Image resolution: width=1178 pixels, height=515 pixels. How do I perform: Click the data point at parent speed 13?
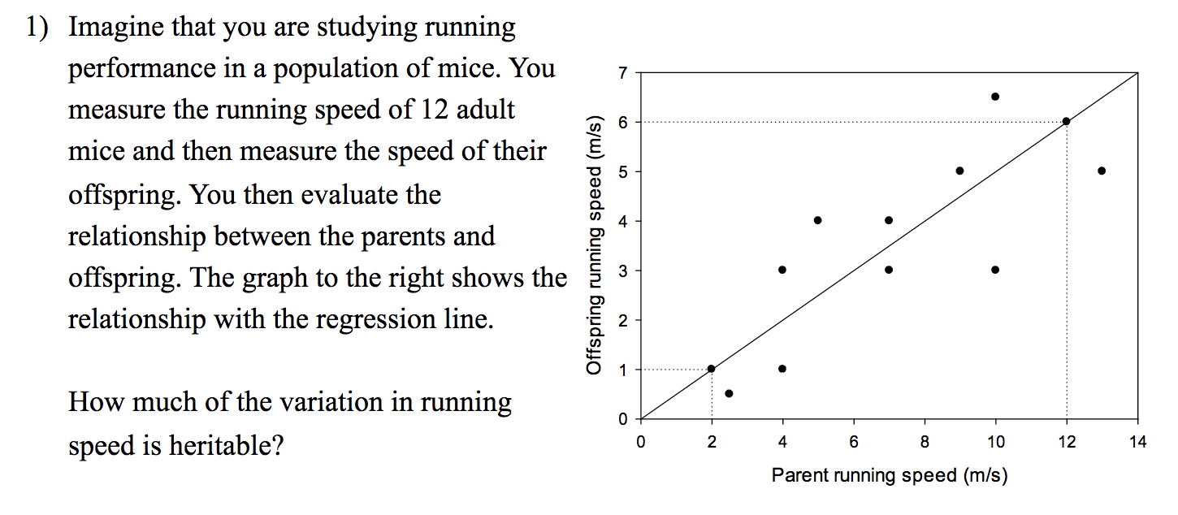point(1102,171)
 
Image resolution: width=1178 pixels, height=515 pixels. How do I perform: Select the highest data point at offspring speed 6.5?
point(995,97)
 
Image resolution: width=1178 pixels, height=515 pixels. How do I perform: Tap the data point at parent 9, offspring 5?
point(959,171)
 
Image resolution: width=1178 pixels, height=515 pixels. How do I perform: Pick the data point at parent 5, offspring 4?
point(817,220)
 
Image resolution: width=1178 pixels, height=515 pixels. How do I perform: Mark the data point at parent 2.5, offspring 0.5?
point(729,393)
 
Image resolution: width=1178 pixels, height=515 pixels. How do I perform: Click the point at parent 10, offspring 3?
point(995,270)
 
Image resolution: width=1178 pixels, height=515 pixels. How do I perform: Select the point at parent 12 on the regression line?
point(1066,121)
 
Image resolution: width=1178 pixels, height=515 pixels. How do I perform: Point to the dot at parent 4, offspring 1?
point(782,368)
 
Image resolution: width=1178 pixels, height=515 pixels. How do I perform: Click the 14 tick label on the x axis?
point(1137,442)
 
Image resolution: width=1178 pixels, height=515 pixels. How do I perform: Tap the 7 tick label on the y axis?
point(622,73)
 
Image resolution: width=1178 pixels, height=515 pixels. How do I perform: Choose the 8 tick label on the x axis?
point(925,442)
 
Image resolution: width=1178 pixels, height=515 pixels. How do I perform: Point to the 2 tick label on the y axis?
point(622,320)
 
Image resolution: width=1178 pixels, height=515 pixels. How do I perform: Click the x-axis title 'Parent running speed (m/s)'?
point(889,475)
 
